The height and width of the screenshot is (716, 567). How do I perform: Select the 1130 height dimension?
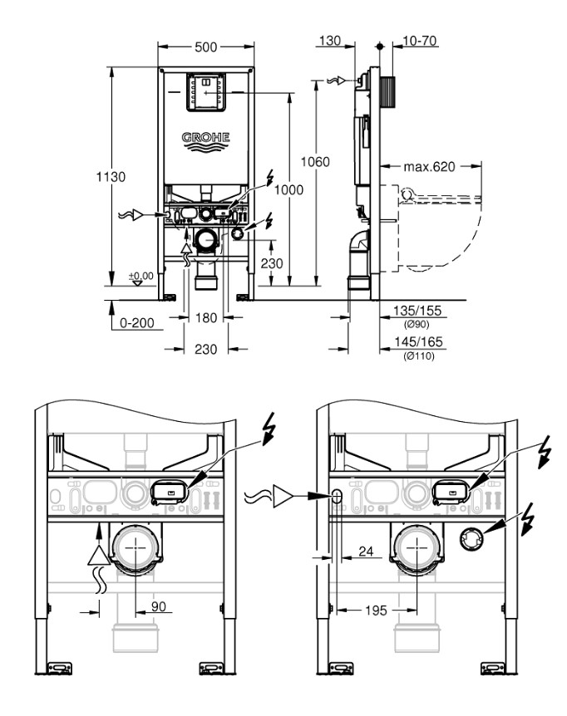(x=110, y=176)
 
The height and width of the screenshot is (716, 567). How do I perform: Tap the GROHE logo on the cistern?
(x=205, y=138)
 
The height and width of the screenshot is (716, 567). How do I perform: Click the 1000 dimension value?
(x=288, y=189)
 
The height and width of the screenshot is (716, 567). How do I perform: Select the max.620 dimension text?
(x=430, y=166)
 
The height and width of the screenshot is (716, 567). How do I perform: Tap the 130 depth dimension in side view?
(x=330, y=41)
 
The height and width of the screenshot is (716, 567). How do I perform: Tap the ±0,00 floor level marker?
(x=140, y=275)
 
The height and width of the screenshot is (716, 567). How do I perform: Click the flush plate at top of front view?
(x=205, y=93)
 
